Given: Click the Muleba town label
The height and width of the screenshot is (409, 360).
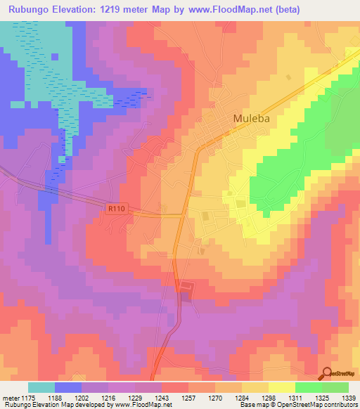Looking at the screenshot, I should (x=251, y=119).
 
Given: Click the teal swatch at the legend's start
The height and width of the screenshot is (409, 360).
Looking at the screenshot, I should (x=41, y=387).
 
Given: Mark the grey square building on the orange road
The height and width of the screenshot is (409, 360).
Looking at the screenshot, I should (x=186, y=287).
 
